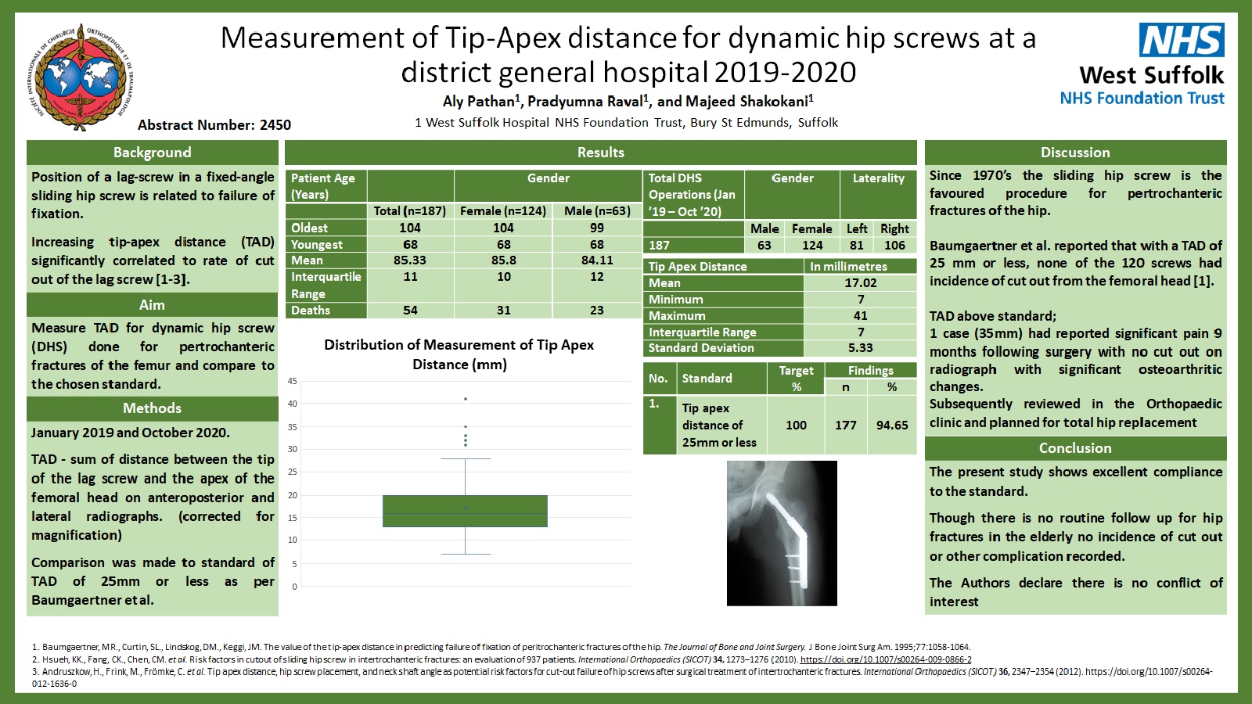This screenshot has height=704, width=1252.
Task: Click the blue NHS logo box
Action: click(x=1182, y=40)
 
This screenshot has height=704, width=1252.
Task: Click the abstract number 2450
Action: click(x=275, y=124)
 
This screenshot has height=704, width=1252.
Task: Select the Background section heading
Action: click(x=152, y=153)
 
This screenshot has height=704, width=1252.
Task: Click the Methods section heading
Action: click(x=152, y=408)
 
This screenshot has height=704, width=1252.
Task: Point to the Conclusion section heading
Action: click(x=1075, y=448)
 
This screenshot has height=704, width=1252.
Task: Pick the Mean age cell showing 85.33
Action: click(x=410, y=260)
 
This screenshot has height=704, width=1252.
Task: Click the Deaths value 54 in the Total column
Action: click(x=410, y=310)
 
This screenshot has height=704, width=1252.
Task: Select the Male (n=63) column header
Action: click(x=597, y=211)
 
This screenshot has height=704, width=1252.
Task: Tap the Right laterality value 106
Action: click(x=894, y=246)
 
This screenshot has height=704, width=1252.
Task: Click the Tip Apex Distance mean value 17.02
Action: click(x=860, y=282)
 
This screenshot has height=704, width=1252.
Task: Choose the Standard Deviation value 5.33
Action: click(x=860, y=348)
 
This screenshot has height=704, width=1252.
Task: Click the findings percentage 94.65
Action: click(x=892, y=426)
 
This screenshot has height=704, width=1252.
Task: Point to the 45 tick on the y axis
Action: click(x=293, y=382)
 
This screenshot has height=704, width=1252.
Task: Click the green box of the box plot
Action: click(x=465, y=511)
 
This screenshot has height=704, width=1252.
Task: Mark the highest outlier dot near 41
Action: click(x=465, y=399)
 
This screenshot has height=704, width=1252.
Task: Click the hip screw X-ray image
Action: click(x=782, y=533)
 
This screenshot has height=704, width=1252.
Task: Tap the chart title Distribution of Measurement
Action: click(x=459, y=355)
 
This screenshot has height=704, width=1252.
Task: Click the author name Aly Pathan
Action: click(x=479, y=101)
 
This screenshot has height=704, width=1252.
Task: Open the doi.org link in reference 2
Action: click(x=886, y=659)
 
